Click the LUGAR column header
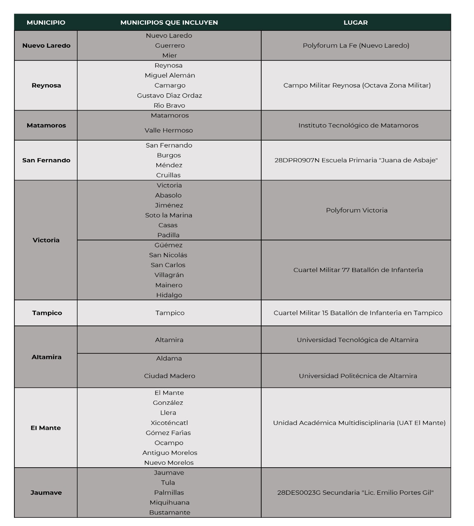tap(355, 23)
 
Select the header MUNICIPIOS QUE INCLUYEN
tap(169, 23)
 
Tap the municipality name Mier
tap(169, 55)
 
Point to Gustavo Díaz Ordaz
tap(169, 95)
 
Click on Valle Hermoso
tap(169, 130)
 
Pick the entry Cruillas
tap(168, 175)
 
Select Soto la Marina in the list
tap(169, 215)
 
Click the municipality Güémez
tap(168, 245)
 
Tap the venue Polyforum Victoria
tap(357, 210)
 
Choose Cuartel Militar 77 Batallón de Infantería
tap(358, 270)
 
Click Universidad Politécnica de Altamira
tap(358, 376)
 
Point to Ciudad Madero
tap(170, 376)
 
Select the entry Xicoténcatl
tap(169, 423)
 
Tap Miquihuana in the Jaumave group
tap(170, 503)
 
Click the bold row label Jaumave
tap(46, 493)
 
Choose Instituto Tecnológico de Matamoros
tap(358, 125)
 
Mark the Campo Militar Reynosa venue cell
tap(357, 85)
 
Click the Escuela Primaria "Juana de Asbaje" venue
tap(356, 160)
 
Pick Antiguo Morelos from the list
tap(170, 453)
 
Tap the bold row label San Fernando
tap(46, 160)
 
